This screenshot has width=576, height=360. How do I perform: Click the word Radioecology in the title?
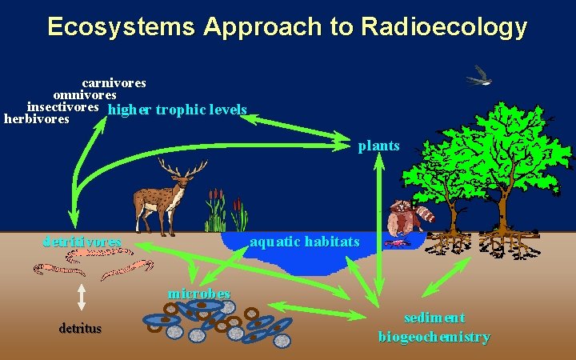pyautogui.click(x=444, y=27)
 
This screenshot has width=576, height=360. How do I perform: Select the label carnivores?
pyautogui.click(x=114, y=82)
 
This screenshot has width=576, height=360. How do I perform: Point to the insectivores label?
pyautogui.click(x=63, y=106)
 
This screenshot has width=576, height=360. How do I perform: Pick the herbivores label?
pyautogui.click(x=37, y=119)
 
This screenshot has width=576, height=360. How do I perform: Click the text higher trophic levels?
pyautogui.click(x=177, y=110)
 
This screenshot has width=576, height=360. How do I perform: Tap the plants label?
pyautogui.click(x=378, y=146)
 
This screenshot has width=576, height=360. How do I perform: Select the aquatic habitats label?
pyautogui.click(x=305, y=241)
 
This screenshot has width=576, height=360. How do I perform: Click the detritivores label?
pyautogui.click(x=82, y=241)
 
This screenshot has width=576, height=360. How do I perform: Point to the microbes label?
pyautogui.click(x=198, y=293)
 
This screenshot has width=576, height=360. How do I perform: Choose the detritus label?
pyautogui.click(x=80, y=328)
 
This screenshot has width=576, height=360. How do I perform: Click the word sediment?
pyautogui.click(x=434, y=318)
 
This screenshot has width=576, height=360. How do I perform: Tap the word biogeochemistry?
pyautogui.click(x=434, y=337)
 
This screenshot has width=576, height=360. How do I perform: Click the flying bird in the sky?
pyautogui.click(x=479, y=75)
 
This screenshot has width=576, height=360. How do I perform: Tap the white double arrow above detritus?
pyautogui.click(x=82, y=297)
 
